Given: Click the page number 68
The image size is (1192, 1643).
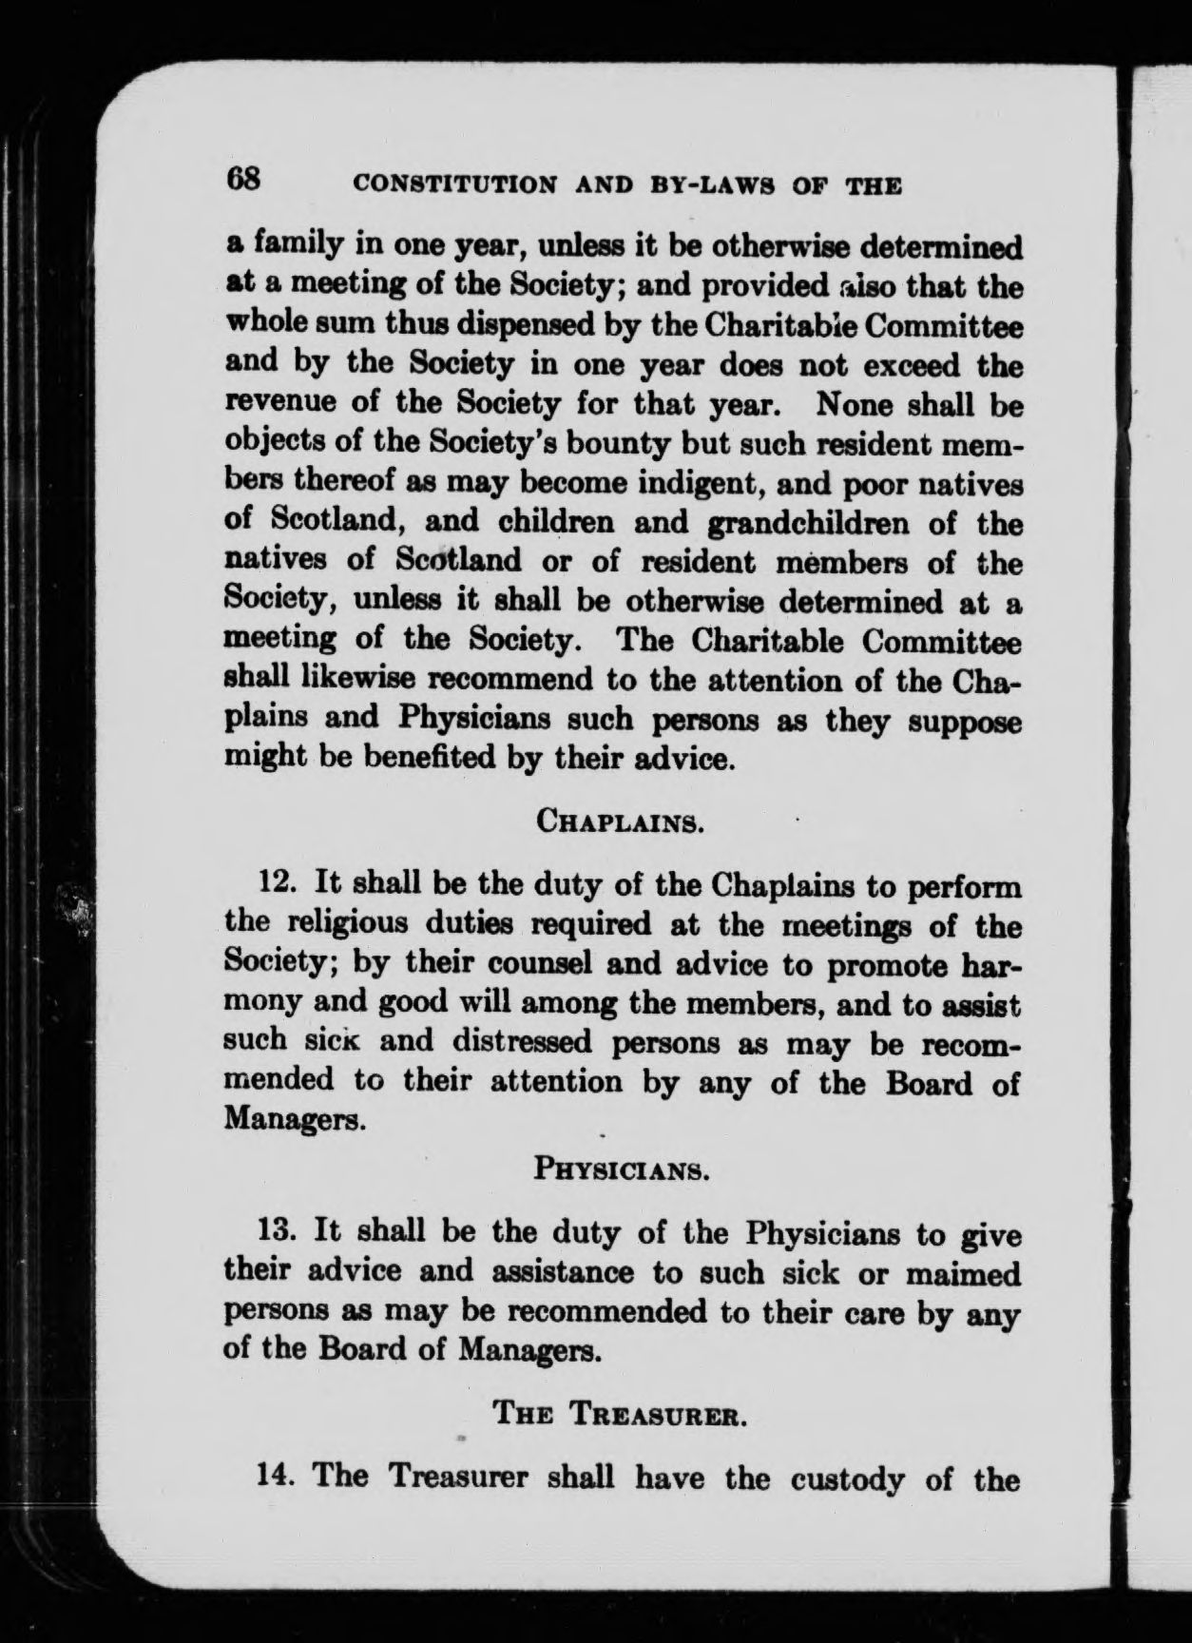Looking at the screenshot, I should [241, 179].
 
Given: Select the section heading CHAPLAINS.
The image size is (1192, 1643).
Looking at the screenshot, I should [620, 820].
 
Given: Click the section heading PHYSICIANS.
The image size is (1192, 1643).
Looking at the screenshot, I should [623, 1168].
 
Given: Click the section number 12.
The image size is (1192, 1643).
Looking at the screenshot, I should [281, 885].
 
